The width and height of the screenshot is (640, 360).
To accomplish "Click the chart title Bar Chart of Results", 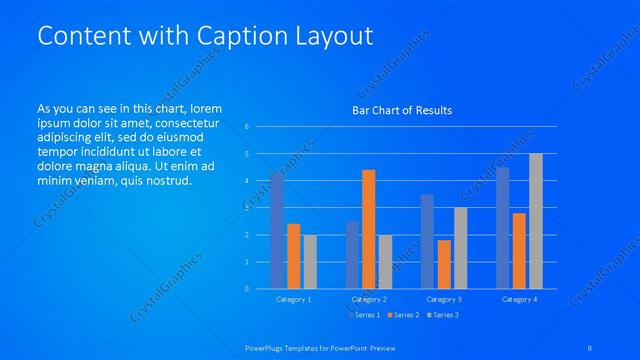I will [401, 110].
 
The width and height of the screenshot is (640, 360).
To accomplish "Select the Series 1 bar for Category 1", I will [277, 231].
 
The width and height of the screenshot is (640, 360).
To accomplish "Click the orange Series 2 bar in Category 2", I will [369, 229].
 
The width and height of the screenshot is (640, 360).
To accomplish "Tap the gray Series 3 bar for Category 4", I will [536, 221].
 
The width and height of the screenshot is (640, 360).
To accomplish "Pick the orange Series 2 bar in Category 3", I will [444, 264].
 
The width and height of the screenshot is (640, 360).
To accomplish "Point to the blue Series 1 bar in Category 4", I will [503, 228].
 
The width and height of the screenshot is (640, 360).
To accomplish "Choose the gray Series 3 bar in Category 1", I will [310, 262].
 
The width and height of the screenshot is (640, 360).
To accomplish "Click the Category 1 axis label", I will [294, 299].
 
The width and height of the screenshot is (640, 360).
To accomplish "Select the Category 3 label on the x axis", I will [444, 299].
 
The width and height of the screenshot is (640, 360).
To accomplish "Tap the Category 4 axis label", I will [519, 299].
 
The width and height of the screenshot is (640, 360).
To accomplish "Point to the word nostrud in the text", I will [163, 180].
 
